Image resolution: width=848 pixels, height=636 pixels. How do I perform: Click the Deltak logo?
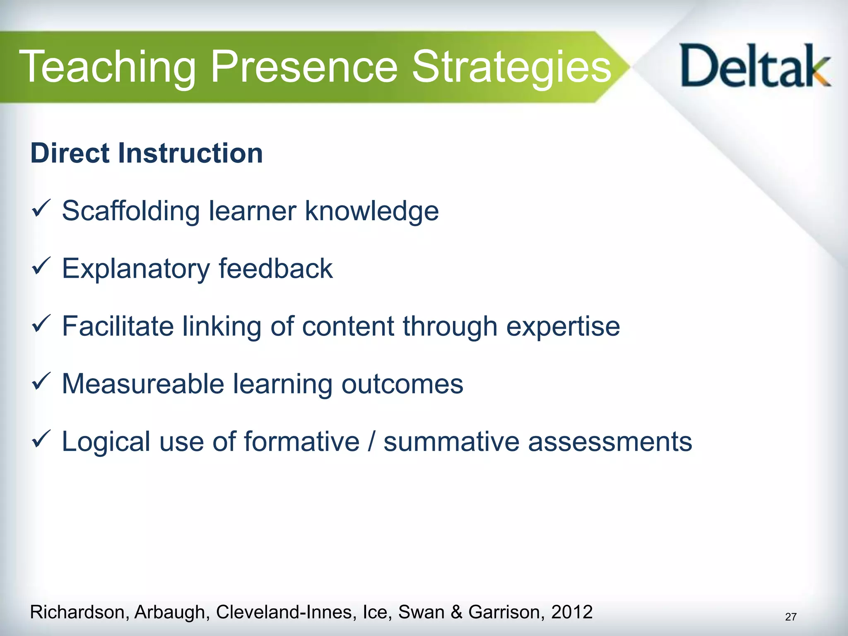(x=755, y=66)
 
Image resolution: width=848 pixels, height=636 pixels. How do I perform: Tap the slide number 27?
(x=790, y=617)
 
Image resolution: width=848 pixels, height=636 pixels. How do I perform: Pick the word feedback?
(x=276, y=269)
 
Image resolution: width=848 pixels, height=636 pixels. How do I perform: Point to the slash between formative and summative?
(x=371, y=442)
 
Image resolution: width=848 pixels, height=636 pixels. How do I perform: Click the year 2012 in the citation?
(x=572, y=612)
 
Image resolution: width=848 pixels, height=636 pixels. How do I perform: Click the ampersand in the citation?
(x=456, y=612)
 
